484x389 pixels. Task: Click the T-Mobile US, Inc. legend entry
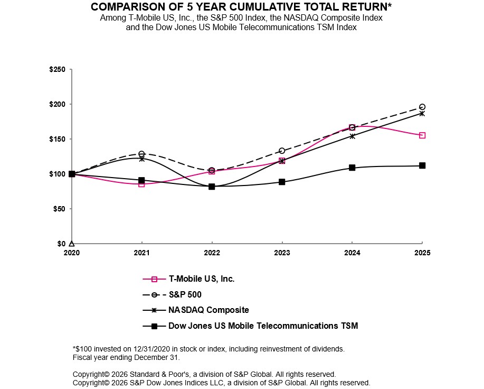(x=201, y=279)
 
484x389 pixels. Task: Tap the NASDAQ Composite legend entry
(x=208, y=310)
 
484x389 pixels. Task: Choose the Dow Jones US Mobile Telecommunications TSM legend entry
(x=262, y=326)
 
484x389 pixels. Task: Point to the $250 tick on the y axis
(x=57, y=69)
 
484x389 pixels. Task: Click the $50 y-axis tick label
(x=59, y=209)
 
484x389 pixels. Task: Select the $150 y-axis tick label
(x=57, y=139)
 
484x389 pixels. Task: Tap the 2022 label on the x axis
(x=212, y=253)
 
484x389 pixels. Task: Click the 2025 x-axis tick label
(x=422, y=253)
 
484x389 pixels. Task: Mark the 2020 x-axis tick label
(x=72, y=253)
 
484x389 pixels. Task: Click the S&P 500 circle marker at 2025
(x=422, y=107)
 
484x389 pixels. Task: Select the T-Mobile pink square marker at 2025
(x=422, y=135)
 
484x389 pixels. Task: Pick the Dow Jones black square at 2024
(x=352, y=168)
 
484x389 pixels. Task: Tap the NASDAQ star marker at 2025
(x=422, y=113)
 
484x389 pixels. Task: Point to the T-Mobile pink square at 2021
(x=141, y=184)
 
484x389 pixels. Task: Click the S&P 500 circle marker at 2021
(x=141, y=154)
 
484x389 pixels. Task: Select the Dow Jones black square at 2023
(x=282, y=182)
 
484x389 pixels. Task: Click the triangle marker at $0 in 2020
(x=72, y=243)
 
